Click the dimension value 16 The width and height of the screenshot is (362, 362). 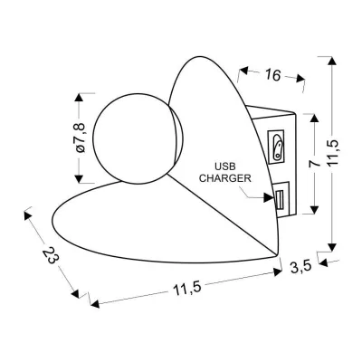[273, 75]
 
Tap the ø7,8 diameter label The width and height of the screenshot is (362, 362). [81, 138]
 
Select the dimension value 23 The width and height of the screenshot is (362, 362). [51, 254]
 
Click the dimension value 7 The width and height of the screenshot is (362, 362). [315, 163]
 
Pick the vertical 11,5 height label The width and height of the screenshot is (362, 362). [333, 153]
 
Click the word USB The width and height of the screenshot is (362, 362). [224, 167]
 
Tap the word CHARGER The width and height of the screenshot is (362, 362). [225, 178]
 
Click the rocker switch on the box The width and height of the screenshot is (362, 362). [277, 147]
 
